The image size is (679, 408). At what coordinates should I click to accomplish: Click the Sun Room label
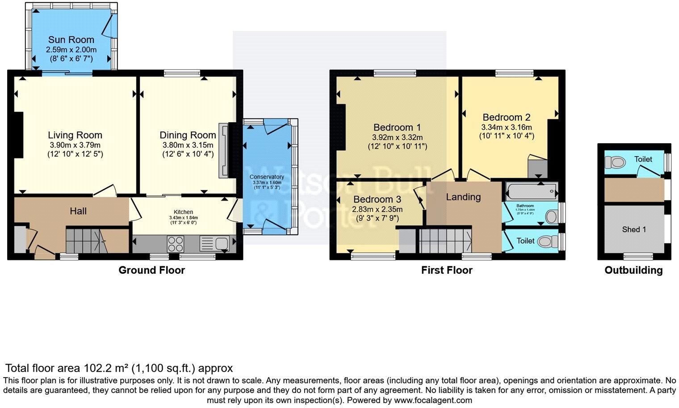pyautogui.click(x=71, y=40)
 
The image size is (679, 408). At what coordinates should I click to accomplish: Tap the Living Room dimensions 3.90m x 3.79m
pyautogui.click(x=75, y=145)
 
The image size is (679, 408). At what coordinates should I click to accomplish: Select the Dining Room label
pyautogui.click(x=188, y=135)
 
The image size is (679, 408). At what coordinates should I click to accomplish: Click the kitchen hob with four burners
pyautogui.click(x=175, y=244)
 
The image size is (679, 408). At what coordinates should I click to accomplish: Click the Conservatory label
pyautogui.click(x=267, y=177)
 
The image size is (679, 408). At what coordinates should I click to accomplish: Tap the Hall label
pyautogui.click(x=78, y=211)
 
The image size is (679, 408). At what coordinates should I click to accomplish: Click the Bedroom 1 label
pyautogui.click(x=397, y=127)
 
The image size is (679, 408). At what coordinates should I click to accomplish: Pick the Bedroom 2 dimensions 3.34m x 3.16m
pyautogui.click(x=507, y=127)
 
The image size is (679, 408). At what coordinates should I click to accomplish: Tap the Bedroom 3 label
pyautogui.click(x=377, y=199)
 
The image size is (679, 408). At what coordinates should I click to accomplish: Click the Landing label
pyautogui.click(x=463, y=197)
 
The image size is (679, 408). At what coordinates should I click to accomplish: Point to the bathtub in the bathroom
pyautogui.click(x=531, y=191)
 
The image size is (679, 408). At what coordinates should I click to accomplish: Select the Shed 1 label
pyautogui.click(x=634, y=229)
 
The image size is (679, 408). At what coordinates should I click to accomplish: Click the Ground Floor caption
pyautogui.click(x=151, y=270)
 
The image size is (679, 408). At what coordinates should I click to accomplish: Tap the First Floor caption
pyautogui.click(x=447, y=270)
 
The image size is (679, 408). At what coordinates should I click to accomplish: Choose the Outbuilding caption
pyautogui.click(x=633, y=270)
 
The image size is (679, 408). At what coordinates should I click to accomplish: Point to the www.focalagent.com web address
pyautogui.click(x=433, y=400)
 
